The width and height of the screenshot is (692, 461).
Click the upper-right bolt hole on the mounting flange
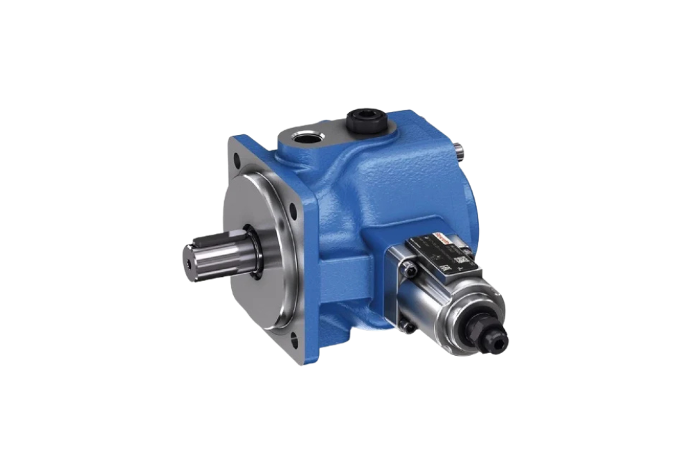[300, 205]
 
